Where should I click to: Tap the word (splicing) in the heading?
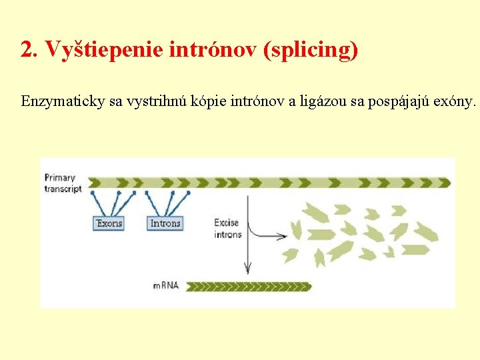(x=311, y=49)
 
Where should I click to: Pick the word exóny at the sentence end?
(x=455, y=102)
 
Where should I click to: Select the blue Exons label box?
(x=108, y=223)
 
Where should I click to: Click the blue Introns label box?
(x=165, y=223)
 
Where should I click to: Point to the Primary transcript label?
(x=63, y=183)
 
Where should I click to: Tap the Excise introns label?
(x=227, y=229)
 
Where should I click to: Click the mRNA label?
(x=167, y=286)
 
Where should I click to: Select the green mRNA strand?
(x=249, y=287)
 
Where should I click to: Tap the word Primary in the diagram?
(x=59, y=178)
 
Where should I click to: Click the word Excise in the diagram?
(x=227, y=223)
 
